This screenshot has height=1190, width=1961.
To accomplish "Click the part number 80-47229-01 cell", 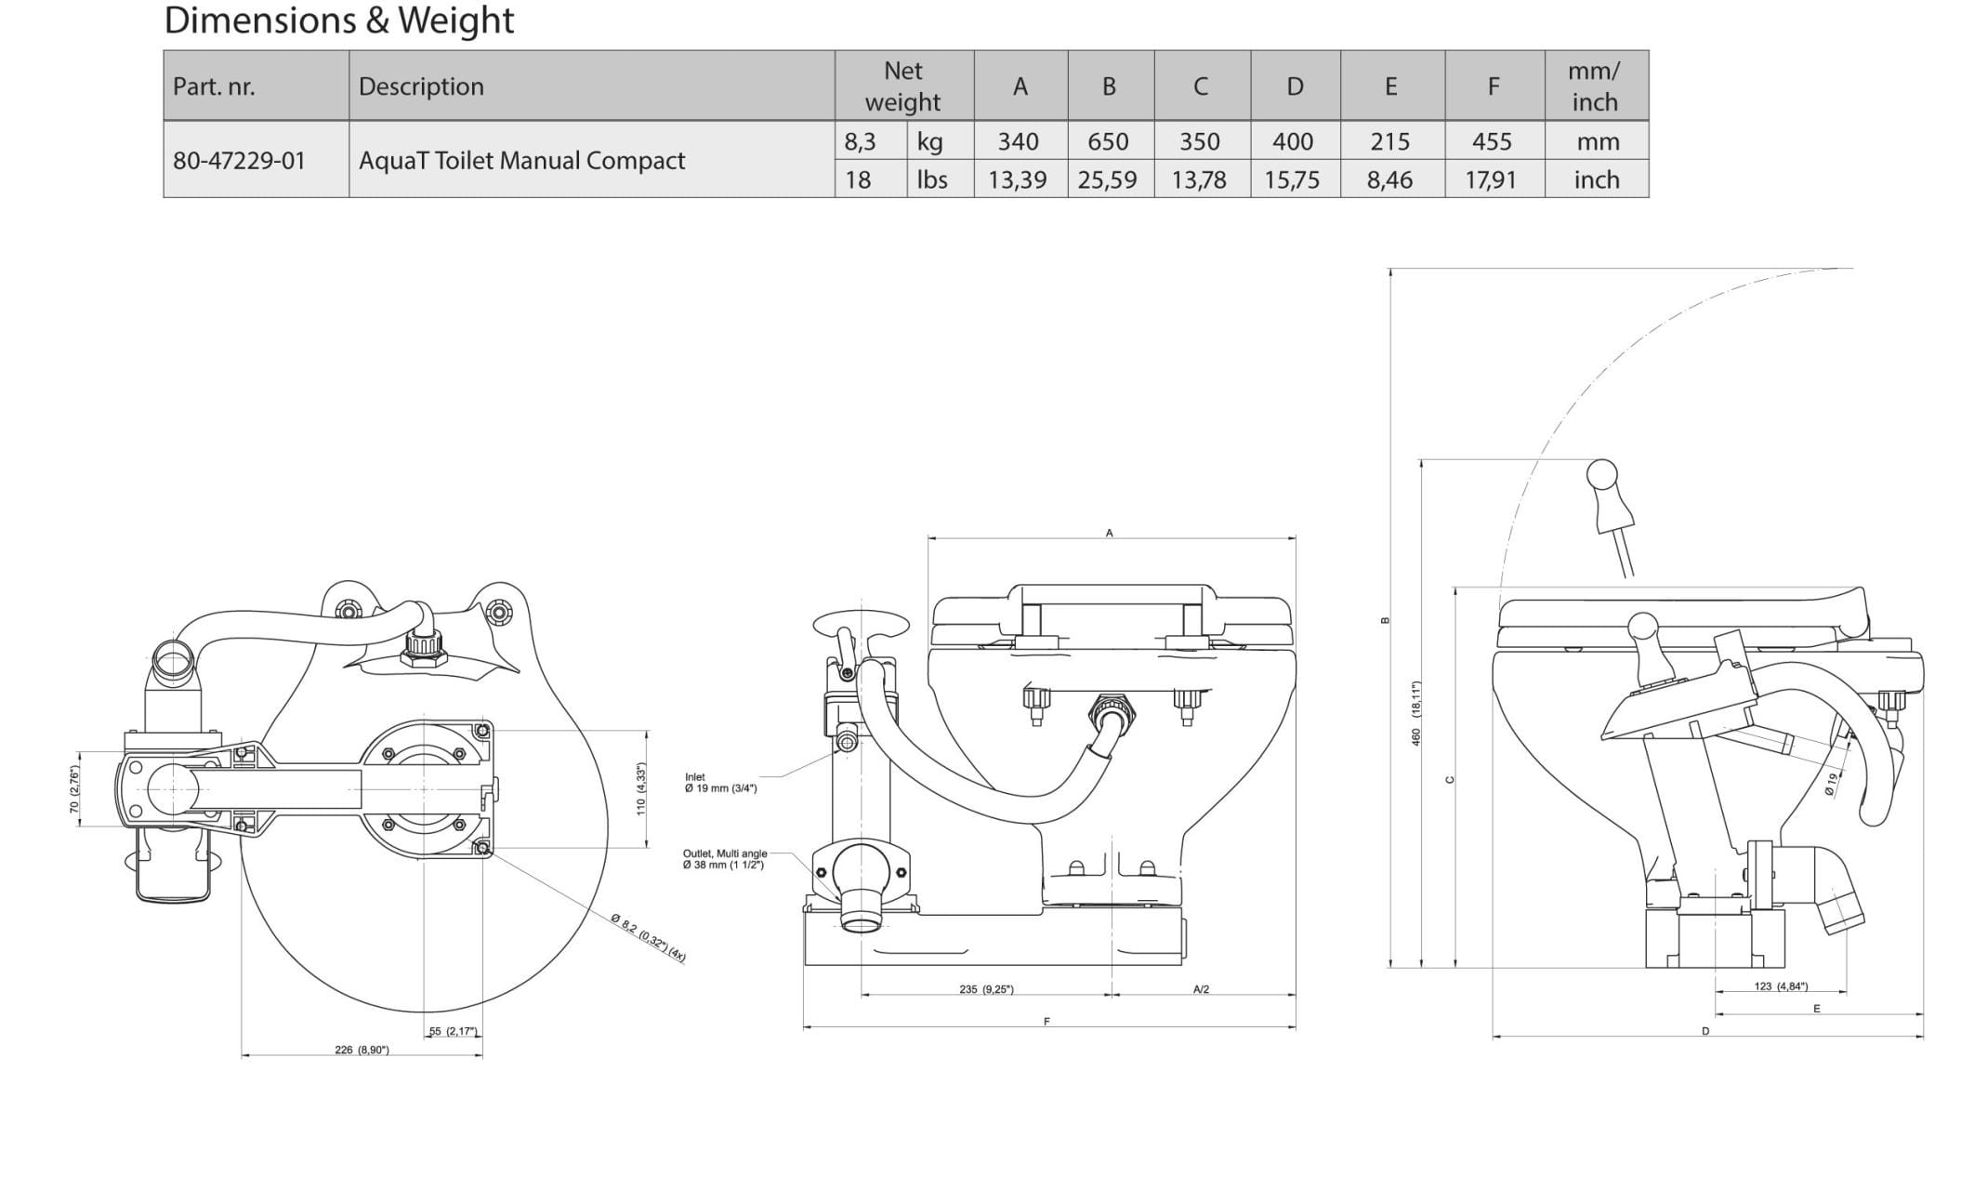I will click(239, 160).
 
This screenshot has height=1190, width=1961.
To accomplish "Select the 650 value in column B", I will click(1108, 141).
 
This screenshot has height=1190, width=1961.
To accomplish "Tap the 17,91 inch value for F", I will click(1491, 179).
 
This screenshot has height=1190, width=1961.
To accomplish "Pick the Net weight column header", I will click(902, 86).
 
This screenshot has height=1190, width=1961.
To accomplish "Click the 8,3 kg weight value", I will click(860, 141).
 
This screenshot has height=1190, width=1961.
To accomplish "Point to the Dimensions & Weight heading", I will click(338, 20).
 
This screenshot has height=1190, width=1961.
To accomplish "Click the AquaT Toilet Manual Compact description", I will click(521, 160).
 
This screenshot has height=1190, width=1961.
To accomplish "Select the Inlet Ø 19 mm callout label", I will click(720, 783).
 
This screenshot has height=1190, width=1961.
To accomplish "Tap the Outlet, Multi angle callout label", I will click(724, 859).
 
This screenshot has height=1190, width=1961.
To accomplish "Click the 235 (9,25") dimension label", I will click(986, 989).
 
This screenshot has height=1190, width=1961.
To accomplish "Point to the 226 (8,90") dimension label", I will click(362, 1050).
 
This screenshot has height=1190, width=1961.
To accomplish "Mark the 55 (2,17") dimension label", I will click(453, 1031).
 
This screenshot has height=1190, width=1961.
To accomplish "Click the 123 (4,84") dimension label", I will click(1781, 986).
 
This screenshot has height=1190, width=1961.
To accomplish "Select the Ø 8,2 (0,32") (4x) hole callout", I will click(649, 938).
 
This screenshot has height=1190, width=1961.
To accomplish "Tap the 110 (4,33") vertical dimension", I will click(640, 789).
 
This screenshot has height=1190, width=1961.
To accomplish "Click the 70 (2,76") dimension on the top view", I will click(74, 789).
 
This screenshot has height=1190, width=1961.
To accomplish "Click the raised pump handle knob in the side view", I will click(1602, 474).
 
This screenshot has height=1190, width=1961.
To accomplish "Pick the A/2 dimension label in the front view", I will click(1201, 989).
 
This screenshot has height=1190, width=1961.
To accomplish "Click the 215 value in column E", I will click(1389, 141).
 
